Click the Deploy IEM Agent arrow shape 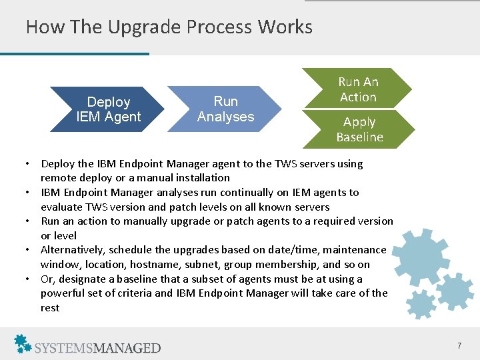[x=109, y=109]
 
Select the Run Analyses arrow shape [x=225, y=109]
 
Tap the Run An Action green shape [x=358, y=89]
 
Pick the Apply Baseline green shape [x=359, y=129]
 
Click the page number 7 [x=459, y=345]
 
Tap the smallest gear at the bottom [x=421, y=305]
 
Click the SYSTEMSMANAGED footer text [x=98, y=347]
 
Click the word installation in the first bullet [x=201, y=178]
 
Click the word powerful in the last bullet [x=65, y=293]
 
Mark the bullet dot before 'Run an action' [x=29, y=221]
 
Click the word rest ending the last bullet [x=50, y=308]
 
